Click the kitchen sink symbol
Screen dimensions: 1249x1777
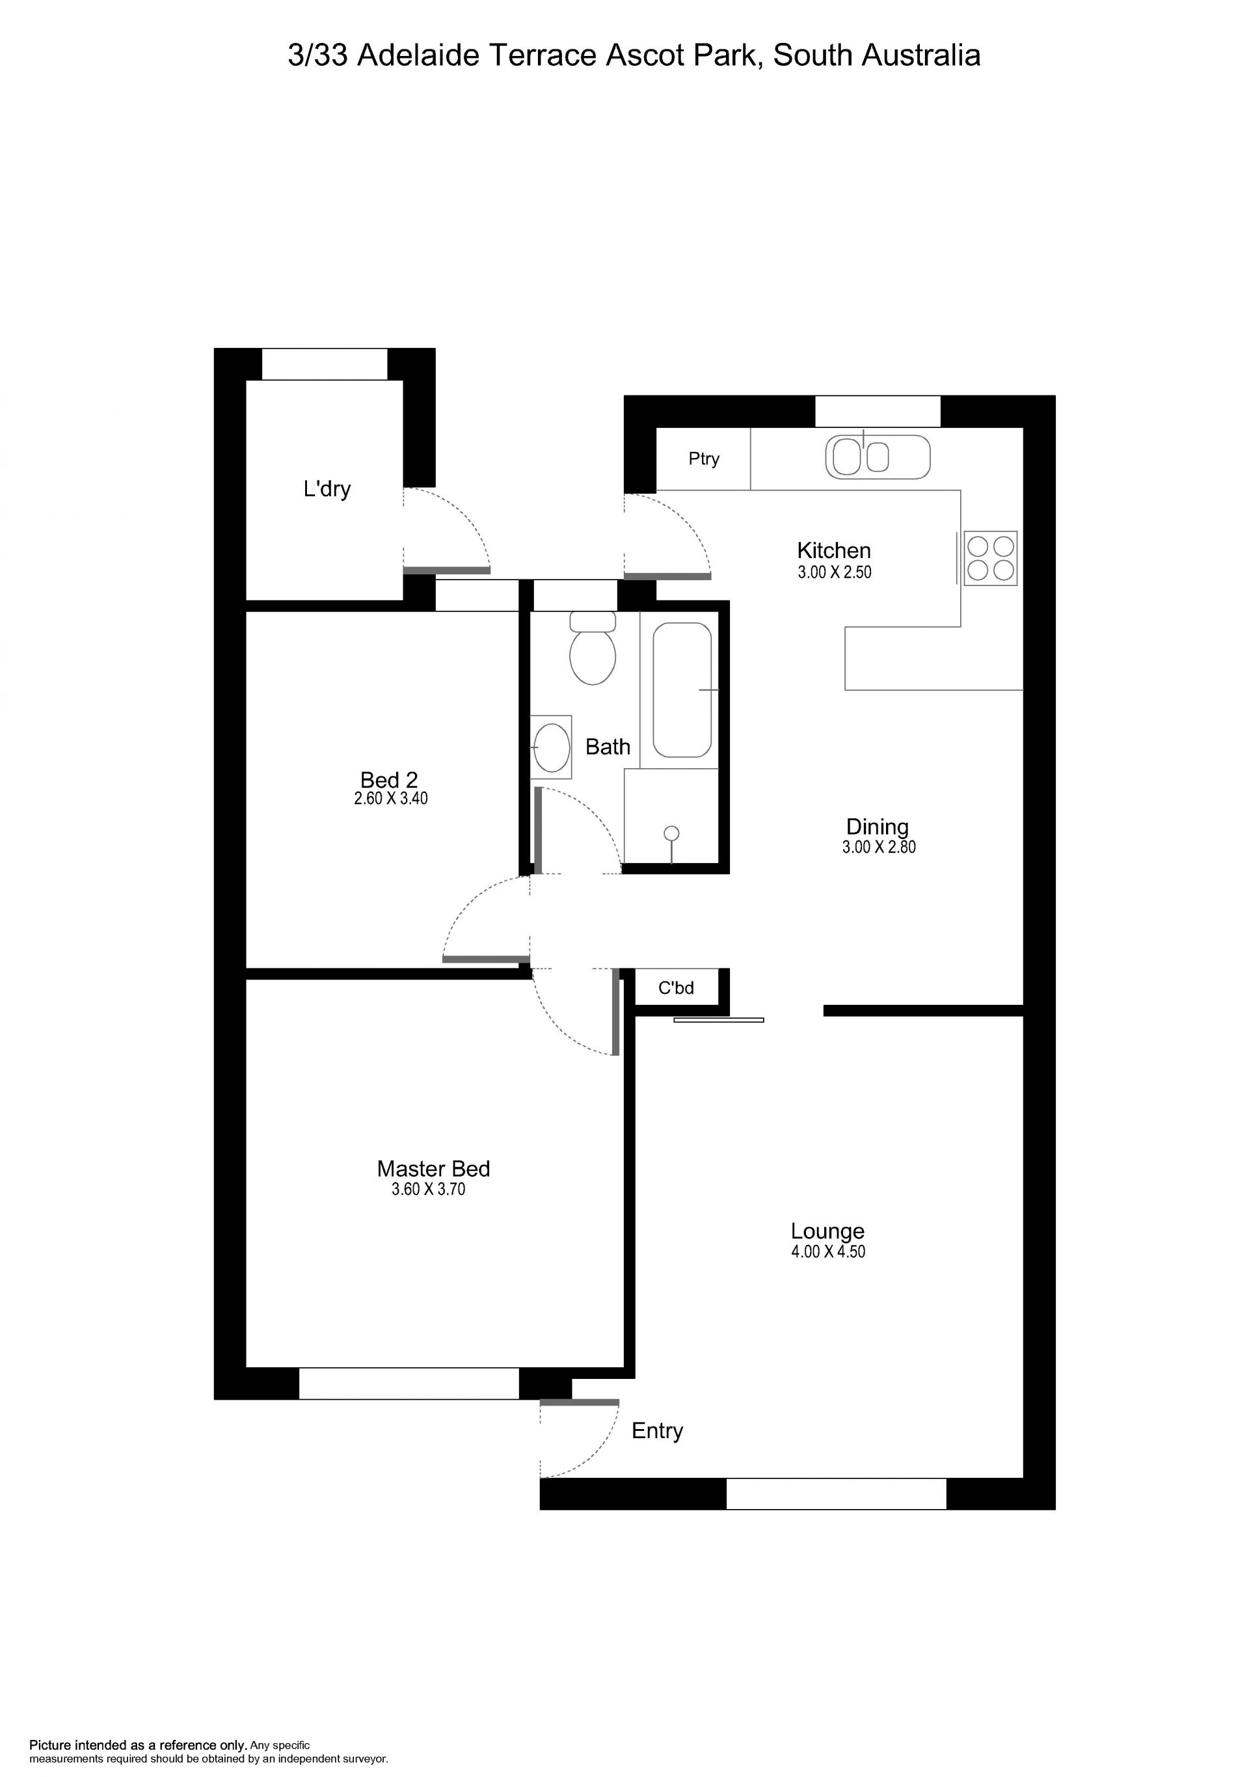878,457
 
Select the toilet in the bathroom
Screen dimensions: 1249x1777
593,648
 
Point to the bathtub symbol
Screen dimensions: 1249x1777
682,689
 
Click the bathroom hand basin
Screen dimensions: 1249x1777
551,747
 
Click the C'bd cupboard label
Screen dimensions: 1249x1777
676,987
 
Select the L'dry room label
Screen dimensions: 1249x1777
327,489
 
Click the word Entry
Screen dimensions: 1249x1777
657,1431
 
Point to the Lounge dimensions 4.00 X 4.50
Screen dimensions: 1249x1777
827,1251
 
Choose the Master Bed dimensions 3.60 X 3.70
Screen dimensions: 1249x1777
428,1190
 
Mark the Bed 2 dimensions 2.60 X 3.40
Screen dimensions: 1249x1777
390,798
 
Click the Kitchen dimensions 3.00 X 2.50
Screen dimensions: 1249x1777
834,573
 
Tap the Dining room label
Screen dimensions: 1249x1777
877,827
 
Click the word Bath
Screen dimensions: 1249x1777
608,747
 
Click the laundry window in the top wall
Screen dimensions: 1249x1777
324,364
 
